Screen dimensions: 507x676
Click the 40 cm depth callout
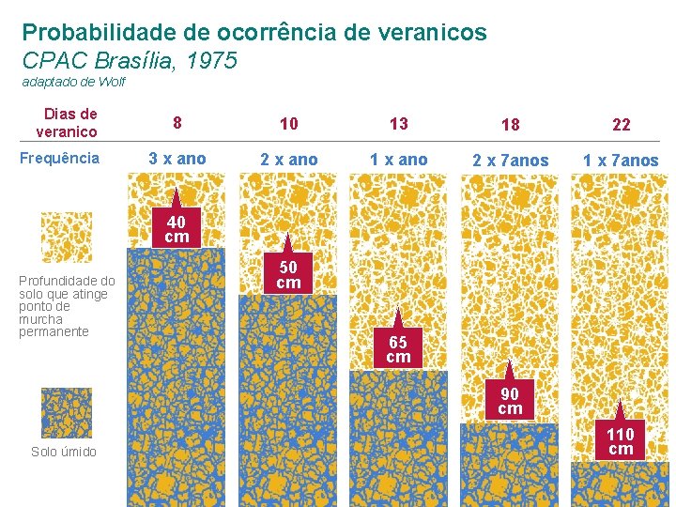[x=177, y=229]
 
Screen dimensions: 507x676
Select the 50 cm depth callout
[x=288, y=274]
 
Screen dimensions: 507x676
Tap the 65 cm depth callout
[x=398, y=349]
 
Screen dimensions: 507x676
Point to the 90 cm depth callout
[x=510, y=401]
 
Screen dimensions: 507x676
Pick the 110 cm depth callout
[x=620, y=440]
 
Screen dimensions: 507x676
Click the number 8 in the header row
[x=177, y=123]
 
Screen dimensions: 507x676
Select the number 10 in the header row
[x=289, y=124]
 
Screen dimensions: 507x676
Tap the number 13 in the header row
[x=399, y=124]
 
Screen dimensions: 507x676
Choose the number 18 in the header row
[x=511, y=125]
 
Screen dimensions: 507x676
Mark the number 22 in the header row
[x=621, y=125]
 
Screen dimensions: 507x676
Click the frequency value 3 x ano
[x=177, y=159]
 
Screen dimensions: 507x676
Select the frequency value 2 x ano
[x=289, y=160]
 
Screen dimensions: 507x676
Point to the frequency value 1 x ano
[x=399, y=160]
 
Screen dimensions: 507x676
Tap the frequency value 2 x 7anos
[x=511, y=161]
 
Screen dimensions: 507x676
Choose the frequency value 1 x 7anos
[x=621, y=161]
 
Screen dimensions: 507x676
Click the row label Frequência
[x=59, y=158]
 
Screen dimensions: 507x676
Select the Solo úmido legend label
[x=64, y=452]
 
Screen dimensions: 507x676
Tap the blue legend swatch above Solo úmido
[x=67, y=413]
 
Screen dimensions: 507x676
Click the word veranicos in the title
[x=431, y=33]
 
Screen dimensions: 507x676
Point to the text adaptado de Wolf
[x=73, y=83]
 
